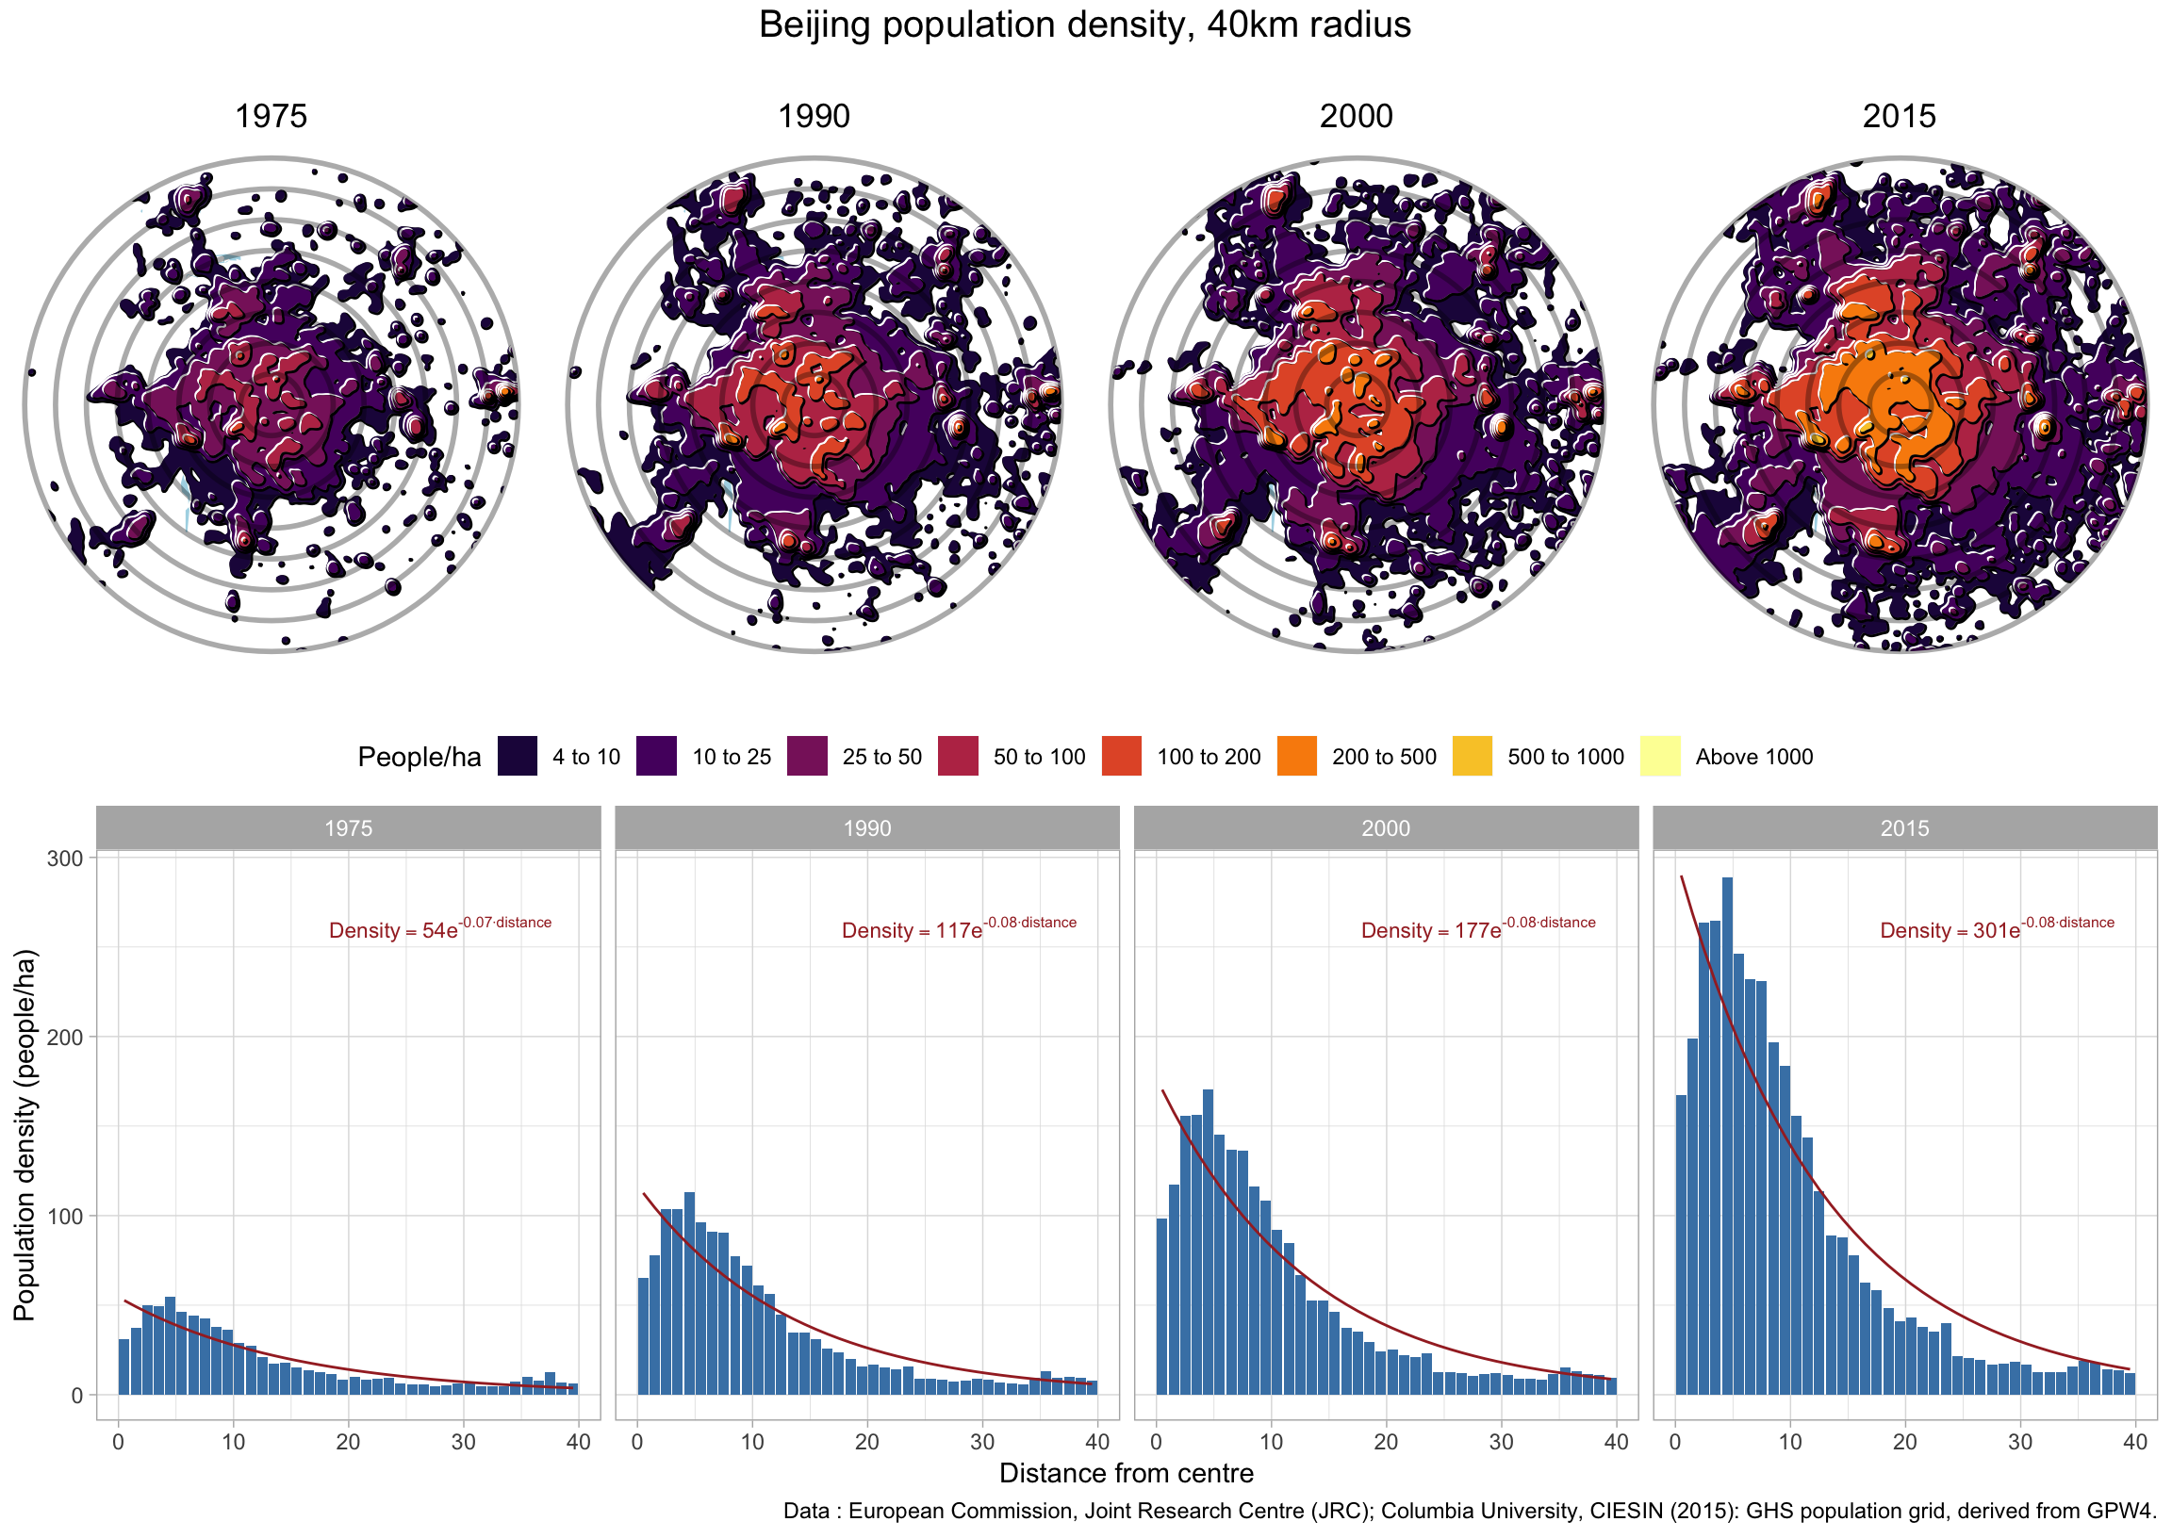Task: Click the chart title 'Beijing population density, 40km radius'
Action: tap(1084, 25)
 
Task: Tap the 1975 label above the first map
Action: tap(271, 116)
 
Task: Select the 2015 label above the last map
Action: tap(1899, 116)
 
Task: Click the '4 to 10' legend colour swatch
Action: tap(518, 756)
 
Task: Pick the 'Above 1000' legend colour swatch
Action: tap(1659, 756)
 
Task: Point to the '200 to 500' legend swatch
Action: tap(1297, 756)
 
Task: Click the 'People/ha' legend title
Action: tap(419, 757)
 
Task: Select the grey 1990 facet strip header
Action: tap(866, 827)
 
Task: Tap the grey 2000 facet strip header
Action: tap(1386, 827)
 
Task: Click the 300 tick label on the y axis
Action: tap(65, 858)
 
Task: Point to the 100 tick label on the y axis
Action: tap(65, 1216)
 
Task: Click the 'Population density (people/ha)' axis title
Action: tap(25, 1135)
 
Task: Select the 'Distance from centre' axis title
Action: tap(1127, 1473)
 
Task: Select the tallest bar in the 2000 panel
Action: tap(1208, 1240)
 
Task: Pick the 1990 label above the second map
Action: tap(814, 116)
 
